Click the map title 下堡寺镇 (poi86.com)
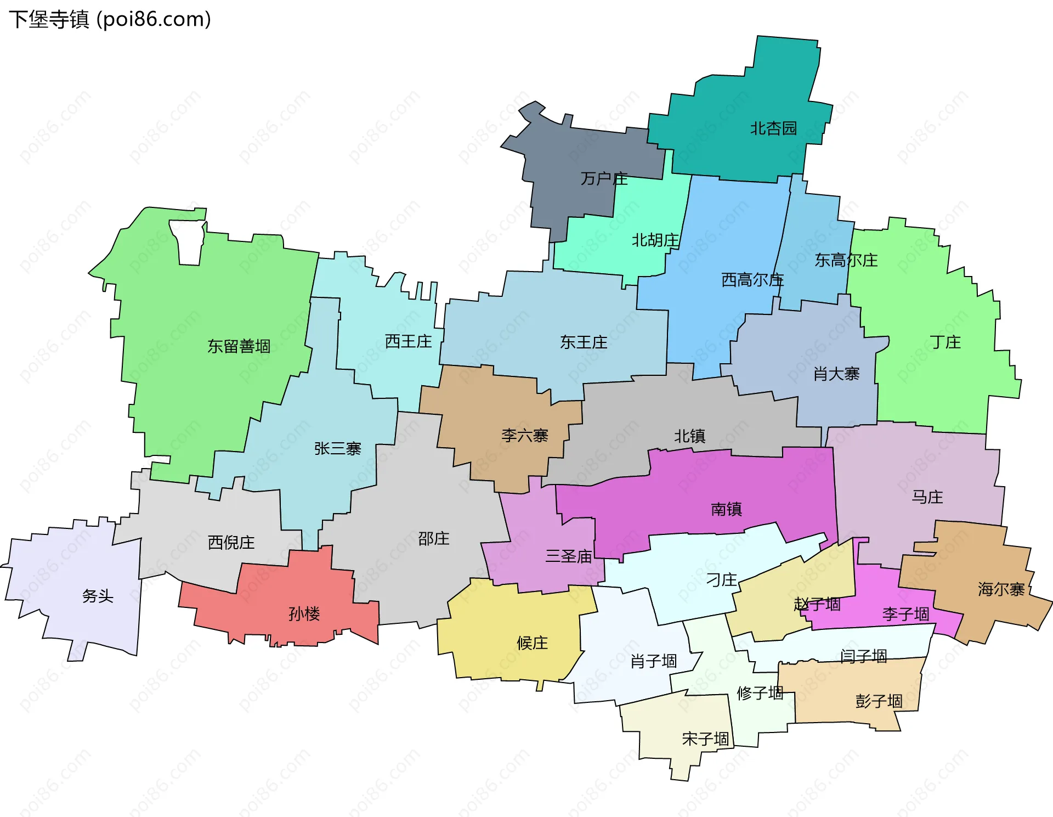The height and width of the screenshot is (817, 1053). [x=110, y=19]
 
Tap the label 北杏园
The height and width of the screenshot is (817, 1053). [x=773, y=128]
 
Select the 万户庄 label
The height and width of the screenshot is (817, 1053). [x=604, y=178]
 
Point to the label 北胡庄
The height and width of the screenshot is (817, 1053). [x=655, y=240]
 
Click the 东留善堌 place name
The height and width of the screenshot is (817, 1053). [x=239, y=346]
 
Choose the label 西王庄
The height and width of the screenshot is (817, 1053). [x=408, y=341]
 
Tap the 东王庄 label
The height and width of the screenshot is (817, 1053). [x=584, y=342]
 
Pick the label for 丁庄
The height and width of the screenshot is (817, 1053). [x=946, y=342]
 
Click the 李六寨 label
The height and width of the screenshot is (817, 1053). [x=525, y=436]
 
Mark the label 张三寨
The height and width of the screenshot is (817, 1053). [x=338, y=449]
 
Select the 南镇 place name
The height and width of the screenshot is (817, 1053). [x=726, y=509]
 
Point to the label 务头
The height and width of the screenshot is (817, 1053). [x=98, y=596]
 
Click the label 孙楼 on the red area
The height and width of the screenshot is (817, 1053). [x=304, y=613]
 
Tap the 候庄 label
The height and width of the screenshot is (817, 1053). [x=532, y=643]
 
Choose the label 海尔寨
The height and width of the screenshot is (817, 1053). [x=1001, y=589]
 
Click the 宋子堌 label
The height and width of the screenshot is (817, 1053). [x=705, y=739]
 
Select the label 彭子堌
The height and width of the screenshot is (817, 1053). [x=879, y=701]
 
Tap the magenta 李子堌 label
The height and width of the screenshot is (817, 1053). [x=905, y=613]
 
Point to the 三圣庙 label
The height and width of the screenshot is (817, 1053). [x=569, y=556]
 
